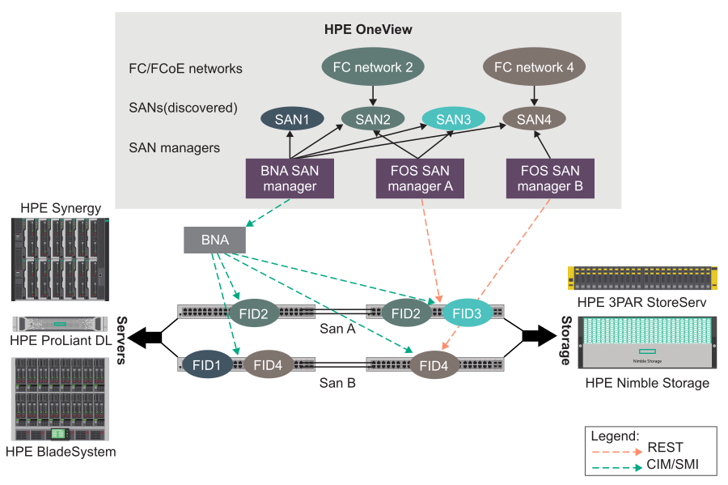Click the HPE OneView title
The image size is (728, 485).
(368, 30)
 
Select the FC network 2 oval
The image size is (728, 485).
(373, 67)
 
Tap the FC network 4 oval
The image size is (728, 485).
(533, 67)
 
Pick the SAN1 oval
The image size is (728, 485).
(292, 120)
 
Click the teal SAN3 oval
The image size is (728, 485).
(453, 120)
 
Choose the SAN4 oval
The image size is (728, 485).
(533, 120)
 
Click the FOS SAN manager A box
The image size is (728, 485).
(420, 179)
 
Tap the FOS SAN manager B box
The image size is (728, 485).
(550, 179)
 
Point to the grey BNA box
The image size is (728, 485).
(214, 240)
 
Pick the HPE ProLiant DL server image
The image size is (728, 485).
(60, 324)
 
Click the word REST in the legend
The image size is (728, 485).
(665, 447)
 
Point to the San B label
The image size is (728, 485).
(337, 382)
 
